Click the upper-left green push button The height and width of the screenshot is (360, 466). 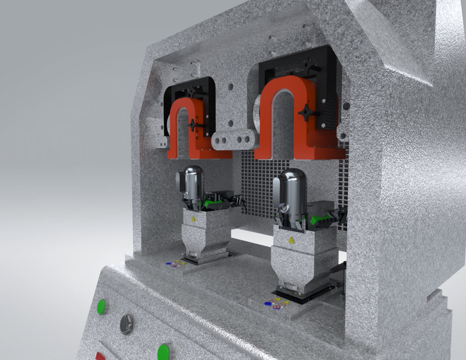(101, 307)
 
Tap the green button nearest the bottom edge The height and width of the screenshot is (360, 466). (164, 352)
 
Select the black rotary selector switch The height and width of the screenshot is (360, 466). (127, 323)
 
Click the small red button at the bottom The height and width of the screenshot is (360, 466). (100, 356)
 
